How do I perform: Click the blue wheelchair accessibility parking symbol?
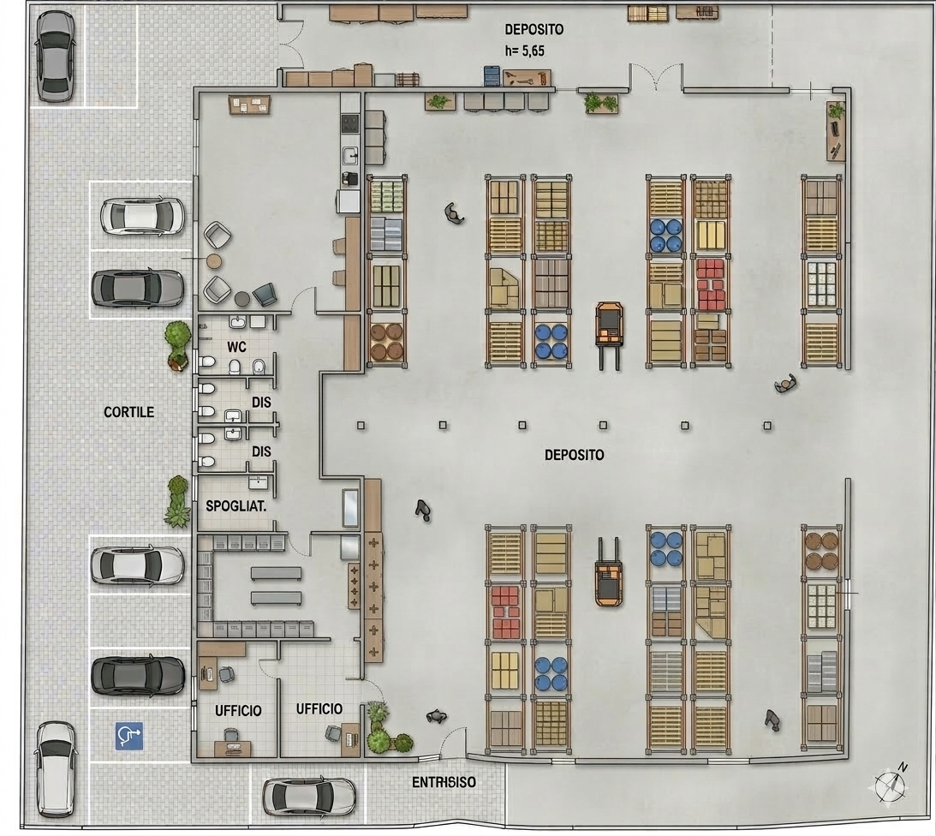point(129,736)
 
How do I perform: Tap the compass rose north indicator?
point(891,784)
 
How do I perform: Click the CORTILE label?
point(129,412)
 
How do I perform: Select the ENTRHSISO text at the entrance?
point(444,782)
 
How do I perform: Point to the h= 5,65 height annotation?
point(525,51)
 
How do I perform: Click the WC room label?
point(236,347)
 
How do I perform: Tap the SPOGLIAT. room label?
point(235,506)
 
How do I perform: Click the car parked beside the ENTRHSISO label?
point(308,797)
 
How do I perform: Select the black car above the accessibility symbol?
point(138,676)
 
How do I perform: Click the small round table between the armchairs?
point(214,261)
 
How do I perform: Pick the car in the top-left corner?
point(56,57)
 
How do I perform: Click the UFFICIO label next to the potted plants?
point(319,709)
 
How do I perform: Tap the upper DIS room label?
point(261,403)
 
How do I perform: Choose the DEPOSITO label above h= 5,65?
point(534,29)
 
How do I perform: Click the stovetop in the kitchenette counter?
point(350,123)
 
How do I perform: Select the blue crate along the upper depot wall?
point(492,76)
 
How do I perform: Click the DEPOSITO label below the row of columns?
point(575,455)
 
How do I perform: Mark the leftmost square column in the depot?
point(361,425)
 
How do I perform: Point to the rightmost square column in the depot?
point(767,426)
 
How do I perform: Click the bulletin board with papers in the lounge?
point(249,104)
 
